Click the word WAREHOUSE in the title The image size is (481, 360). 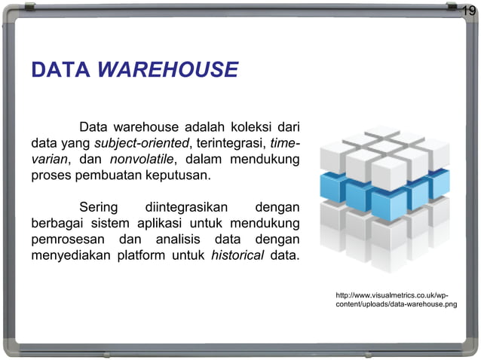[x=168, y=71]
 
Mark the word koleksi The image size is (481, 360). [x=241, y=126]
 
